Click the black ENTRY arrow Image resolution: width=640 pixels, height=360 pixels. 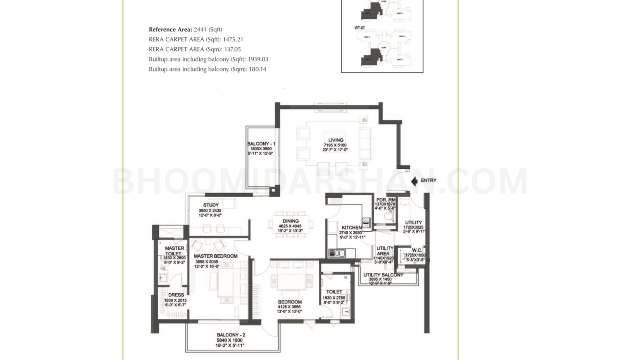click(414, 181)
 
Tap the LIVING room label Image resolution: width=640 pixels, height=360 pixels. click(336, 140)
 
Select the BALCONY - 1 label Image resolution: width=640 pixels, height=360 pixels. click(261, 144)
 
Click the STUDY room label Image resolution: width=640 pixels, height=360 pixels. click(210, 205)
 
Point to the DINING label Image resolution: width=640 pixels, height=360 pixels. click(290, 221)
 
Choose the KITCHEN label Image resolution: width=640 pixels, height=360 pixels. click(351, 228)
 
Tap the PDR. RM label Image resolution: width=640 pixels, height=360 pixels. click(386, 200)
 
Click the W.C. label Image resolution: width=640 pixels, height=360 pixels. click(417, 250)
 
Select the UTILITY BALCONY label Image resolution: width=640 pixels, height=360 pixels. click(383, 275)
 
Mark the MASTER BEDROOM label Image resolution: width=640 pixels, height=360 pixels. click(216, 256)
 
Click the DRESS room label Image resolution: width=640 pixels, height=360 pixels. click(176, 295)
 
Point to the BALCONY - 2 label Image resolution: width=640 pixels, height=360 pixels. click(231, 335)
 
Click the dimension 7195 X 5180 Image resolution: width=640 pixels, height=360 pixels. click(335, 145)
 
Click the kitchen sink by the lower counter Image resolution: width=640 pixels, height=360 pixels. click(337, 253)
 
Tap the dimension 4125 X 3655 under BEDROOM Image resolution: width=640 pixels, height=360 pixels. click(289, 307)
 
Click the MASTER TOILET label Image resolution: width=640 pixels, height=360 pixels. click(174, 251)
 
